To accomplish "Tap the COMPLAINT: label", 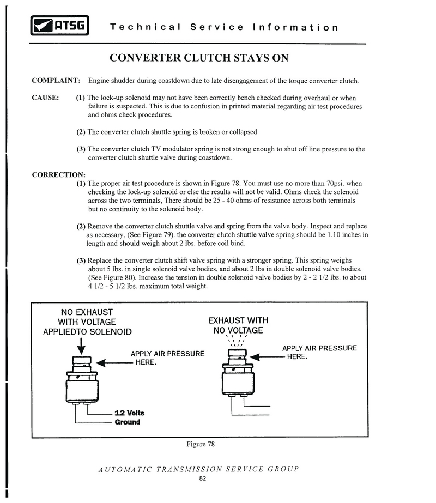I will (56, 81).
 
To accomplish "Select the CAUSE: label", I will (45, 98).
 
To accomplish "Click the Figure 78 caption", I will (200, 444).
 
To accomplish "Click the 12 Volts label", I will (129, 413).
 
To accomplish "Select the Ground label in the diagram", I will (127, 422).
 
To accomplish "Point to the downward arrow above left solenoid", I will (81, 345).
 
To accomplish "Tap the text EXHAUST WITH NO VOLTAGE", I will (239, 325).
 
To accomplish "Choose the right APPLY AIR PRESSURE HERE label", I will (319, 352).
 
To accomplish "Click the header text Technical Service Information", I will (224, 27).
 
